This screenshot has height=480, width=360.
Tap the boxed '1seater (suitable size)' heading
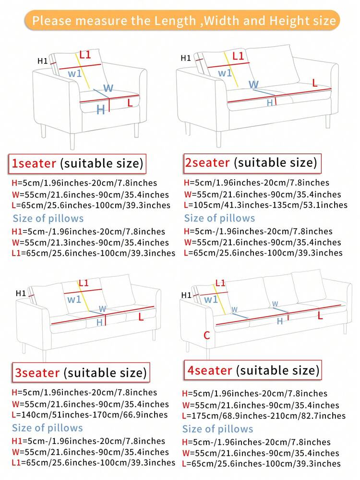(77, 163)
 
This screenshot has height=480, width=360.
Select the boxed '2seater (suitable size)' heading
(251, 162)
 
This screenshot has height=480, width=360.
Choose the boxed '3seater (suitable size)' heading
(80, 372)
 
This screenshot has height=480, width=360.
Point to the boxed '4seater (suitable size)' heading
(252, 370)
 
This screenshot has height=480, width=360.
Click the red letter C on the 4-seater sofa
(207, 335)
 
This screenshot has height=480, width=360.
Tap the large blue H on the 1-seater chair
(101, 110)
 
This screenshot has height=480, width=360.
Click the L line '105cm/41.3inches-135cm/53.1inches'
(265, 205)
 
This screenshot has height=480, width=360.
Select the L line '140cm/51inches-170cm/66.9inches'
(90, 415)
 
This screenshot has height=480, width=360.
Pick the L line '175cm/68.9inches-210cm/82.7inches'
(264, 416)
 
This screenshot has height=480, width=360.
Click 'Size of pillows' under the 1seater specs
(48, 219)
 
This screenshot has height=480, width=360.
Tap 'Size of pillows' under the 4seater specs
(218, 429)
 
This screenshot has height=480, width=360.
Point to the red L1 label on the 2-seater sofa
(238, 56)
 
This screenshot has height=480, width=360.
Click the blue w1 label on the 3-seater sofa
(74, 299)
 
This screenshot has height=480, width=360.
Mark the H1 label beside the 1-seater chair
(42, 61)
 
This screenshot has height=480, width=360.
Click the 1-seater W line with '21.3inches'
(90, 243)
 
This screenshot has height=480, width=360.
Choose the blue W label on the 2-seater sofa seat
(253, 85)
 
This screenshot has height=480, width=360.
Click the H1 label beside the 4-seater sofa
(185, 295)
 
